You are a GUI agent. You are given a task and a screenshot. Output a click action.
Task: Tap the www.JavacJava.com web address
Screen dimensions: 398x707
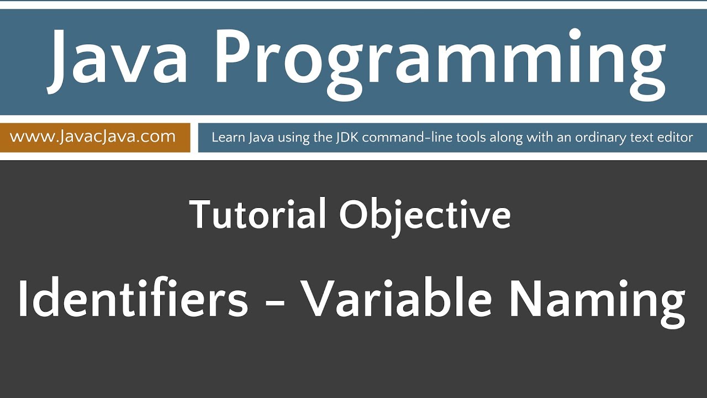click(93, 137)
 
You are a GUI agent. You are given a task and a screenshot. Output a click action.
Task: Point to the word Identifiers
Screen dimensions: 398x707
click(133, 298)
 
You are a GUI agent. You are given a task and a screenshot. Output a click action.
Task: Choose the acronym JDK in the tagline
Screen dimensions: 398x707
click(346, 138)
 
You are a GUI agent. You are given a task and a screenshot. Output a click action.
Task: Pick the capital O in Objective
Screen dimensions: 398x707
click(354, 214)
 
